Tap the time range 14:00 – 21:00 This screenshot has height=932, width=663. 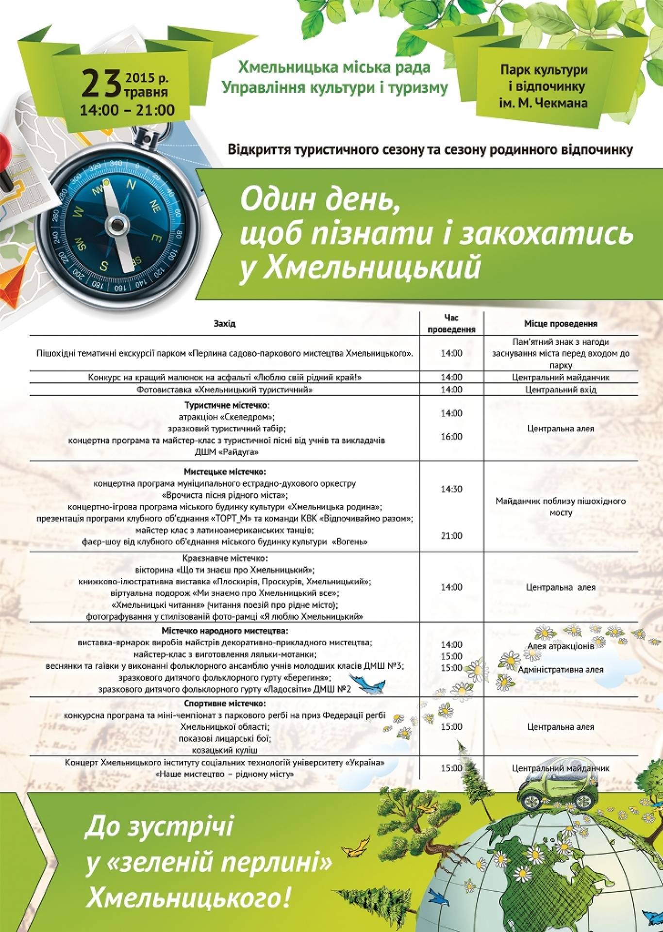(128, 110)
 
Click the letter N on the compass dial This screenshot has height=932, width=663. (131, 184)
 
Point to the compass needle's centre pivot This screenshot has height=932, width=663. (117, 224)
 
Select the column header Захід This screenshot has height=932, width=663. (224, 324)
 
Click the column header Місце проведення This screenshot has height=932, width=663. (561, 324)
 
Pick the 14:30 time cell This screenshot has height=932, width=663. (451, 489)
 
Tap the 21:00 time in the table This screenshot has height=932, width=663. (451, 536)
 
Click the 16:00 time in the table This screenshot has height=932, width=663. (451, 437)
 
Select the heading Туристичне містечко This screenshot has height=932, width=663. (227, 405)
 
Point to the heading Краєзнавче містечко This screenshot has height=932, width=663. (225, 558)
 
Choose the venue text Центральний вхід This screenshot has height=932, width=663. (561, 390)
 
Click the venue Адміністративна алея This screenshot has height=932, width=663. (561, 670)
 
